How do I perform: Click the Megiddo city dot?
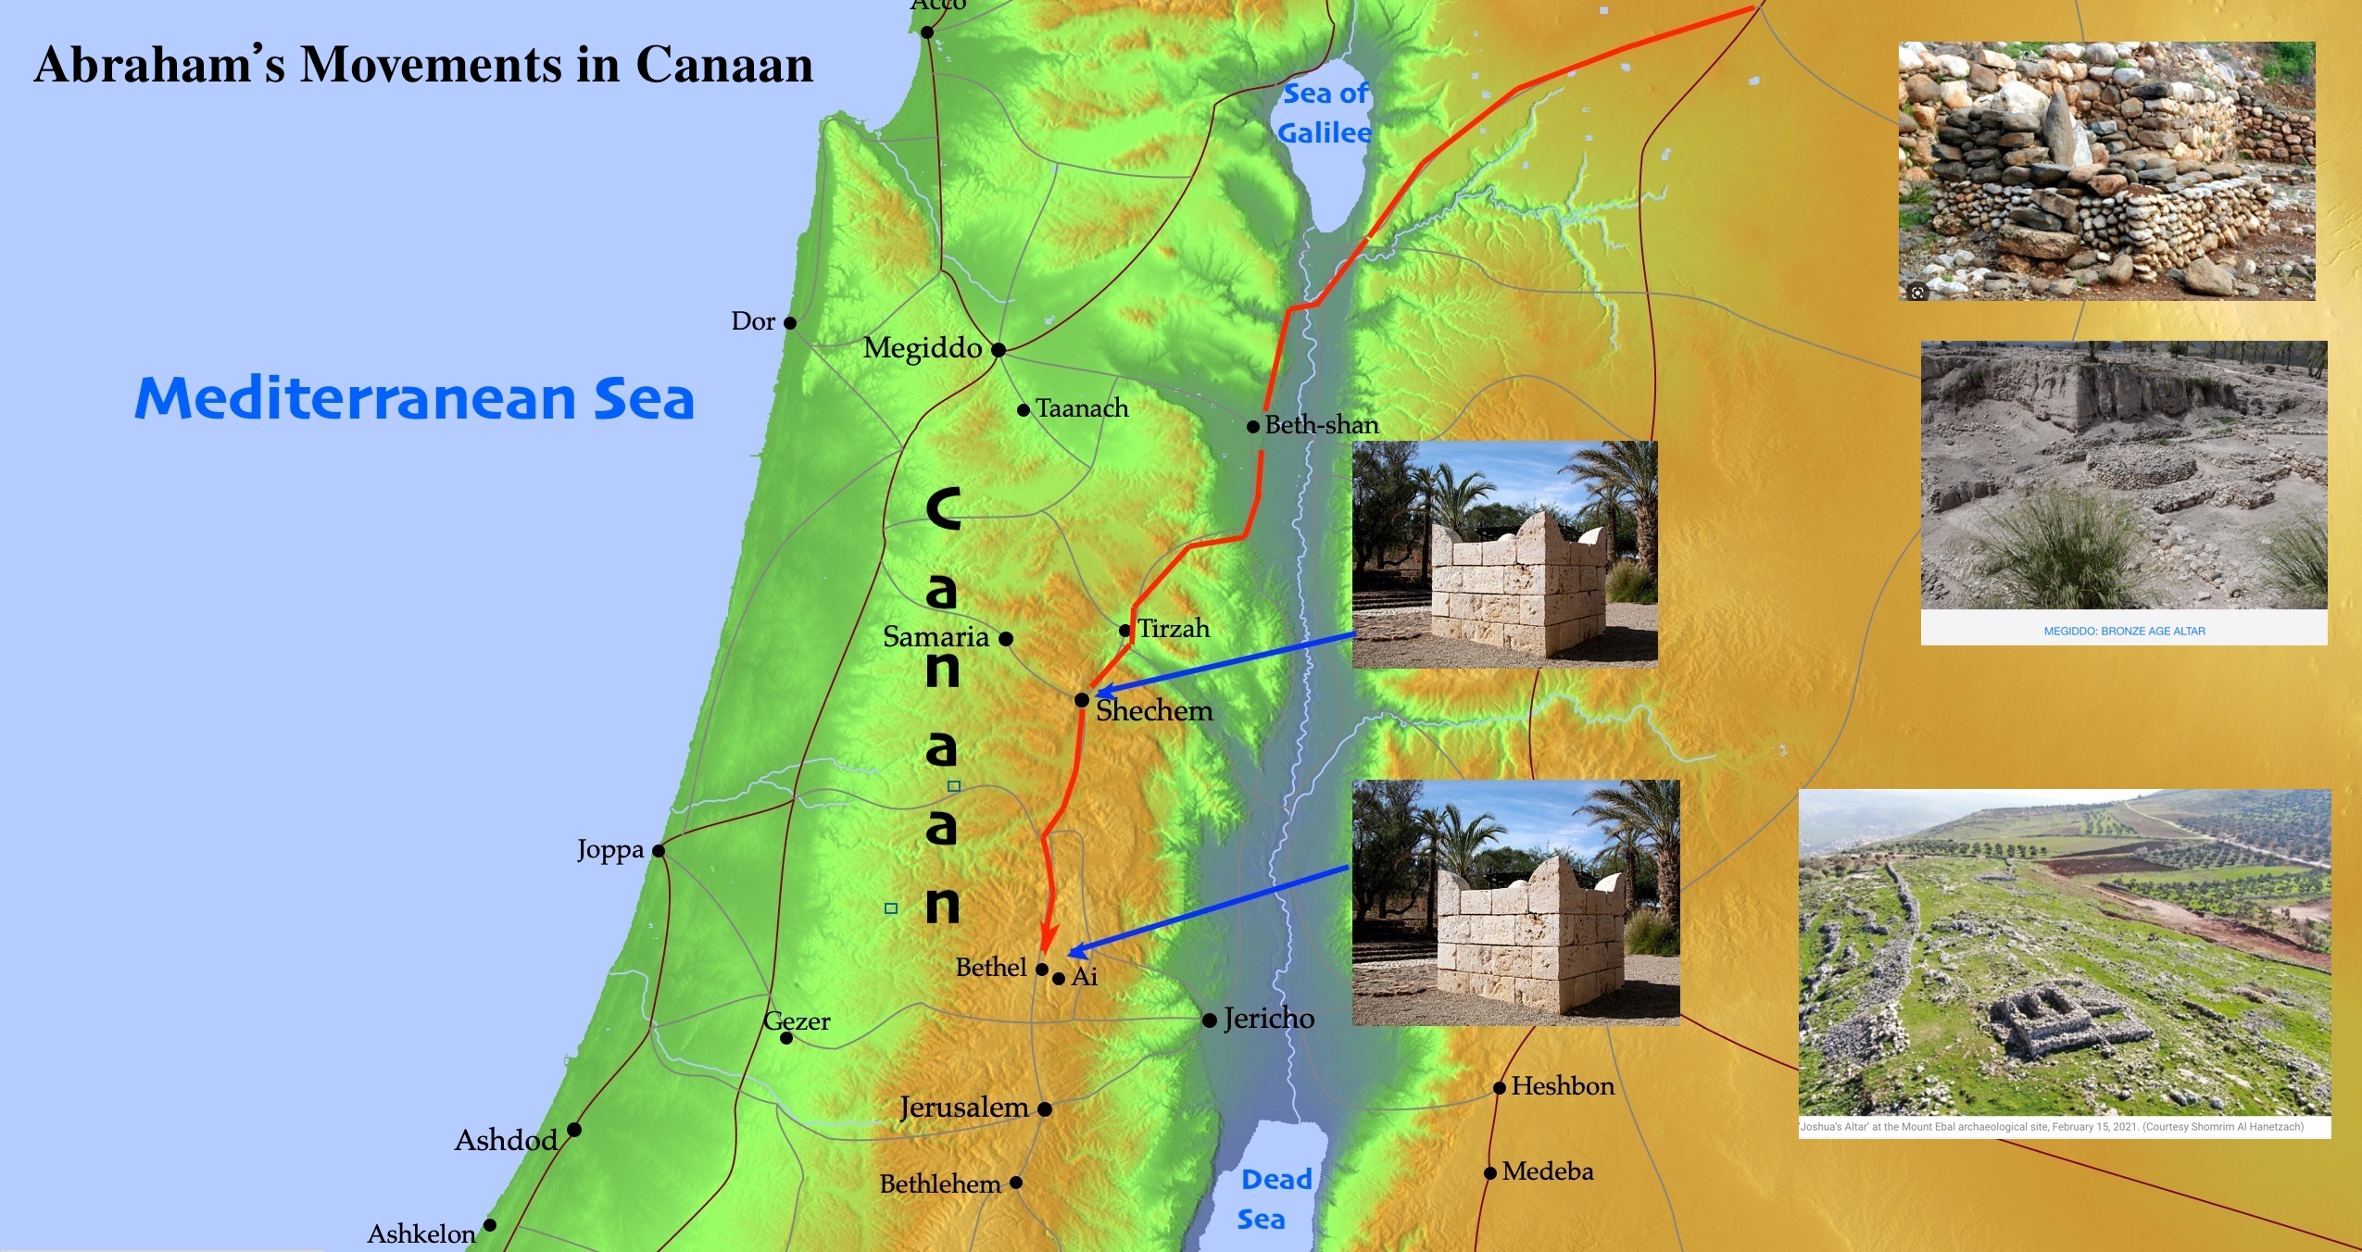pyautogui.click(x=999, y=350)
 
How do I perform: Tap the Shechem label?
pyautogui.click(x=1154, y=711)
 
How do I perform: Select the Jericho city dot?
pyautogui.click(x=1210, y=1020)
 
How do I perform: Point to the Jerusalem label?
pyautogui.click(x=964, y=1108)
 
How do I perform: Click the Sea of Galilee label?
pyautogui.click(x=1325, y=113)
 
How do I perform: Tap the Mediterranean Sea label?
pyautogui.click(x=414, y=398)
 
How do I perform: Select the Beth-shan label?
pyautogui.click(x=1322, y=425)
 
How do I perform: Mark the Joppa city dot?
pyautogui.click(x=659, y=851)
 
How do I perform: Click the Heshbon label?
pyautogui.click(x=1563, y=1086)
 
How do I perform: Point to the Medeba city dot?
pyautogui.click(x=1490, y=1173)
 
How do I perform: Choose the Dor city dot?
pyautogui.click(x=790, y=323)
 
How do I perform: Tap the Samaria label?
pyautogui.click(x=936, y=637)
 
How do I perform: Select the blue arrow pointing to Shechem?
pyautogui.click(x=1223, y=664)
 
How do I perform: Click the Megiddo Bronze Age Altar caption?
pyautogui.click(x=2124, y=632)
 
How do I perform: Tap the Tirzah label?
pyautogui.click(x=1174, y=629)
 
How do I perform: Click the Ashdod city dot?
pyautogui.click(x=574, y=1130)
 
